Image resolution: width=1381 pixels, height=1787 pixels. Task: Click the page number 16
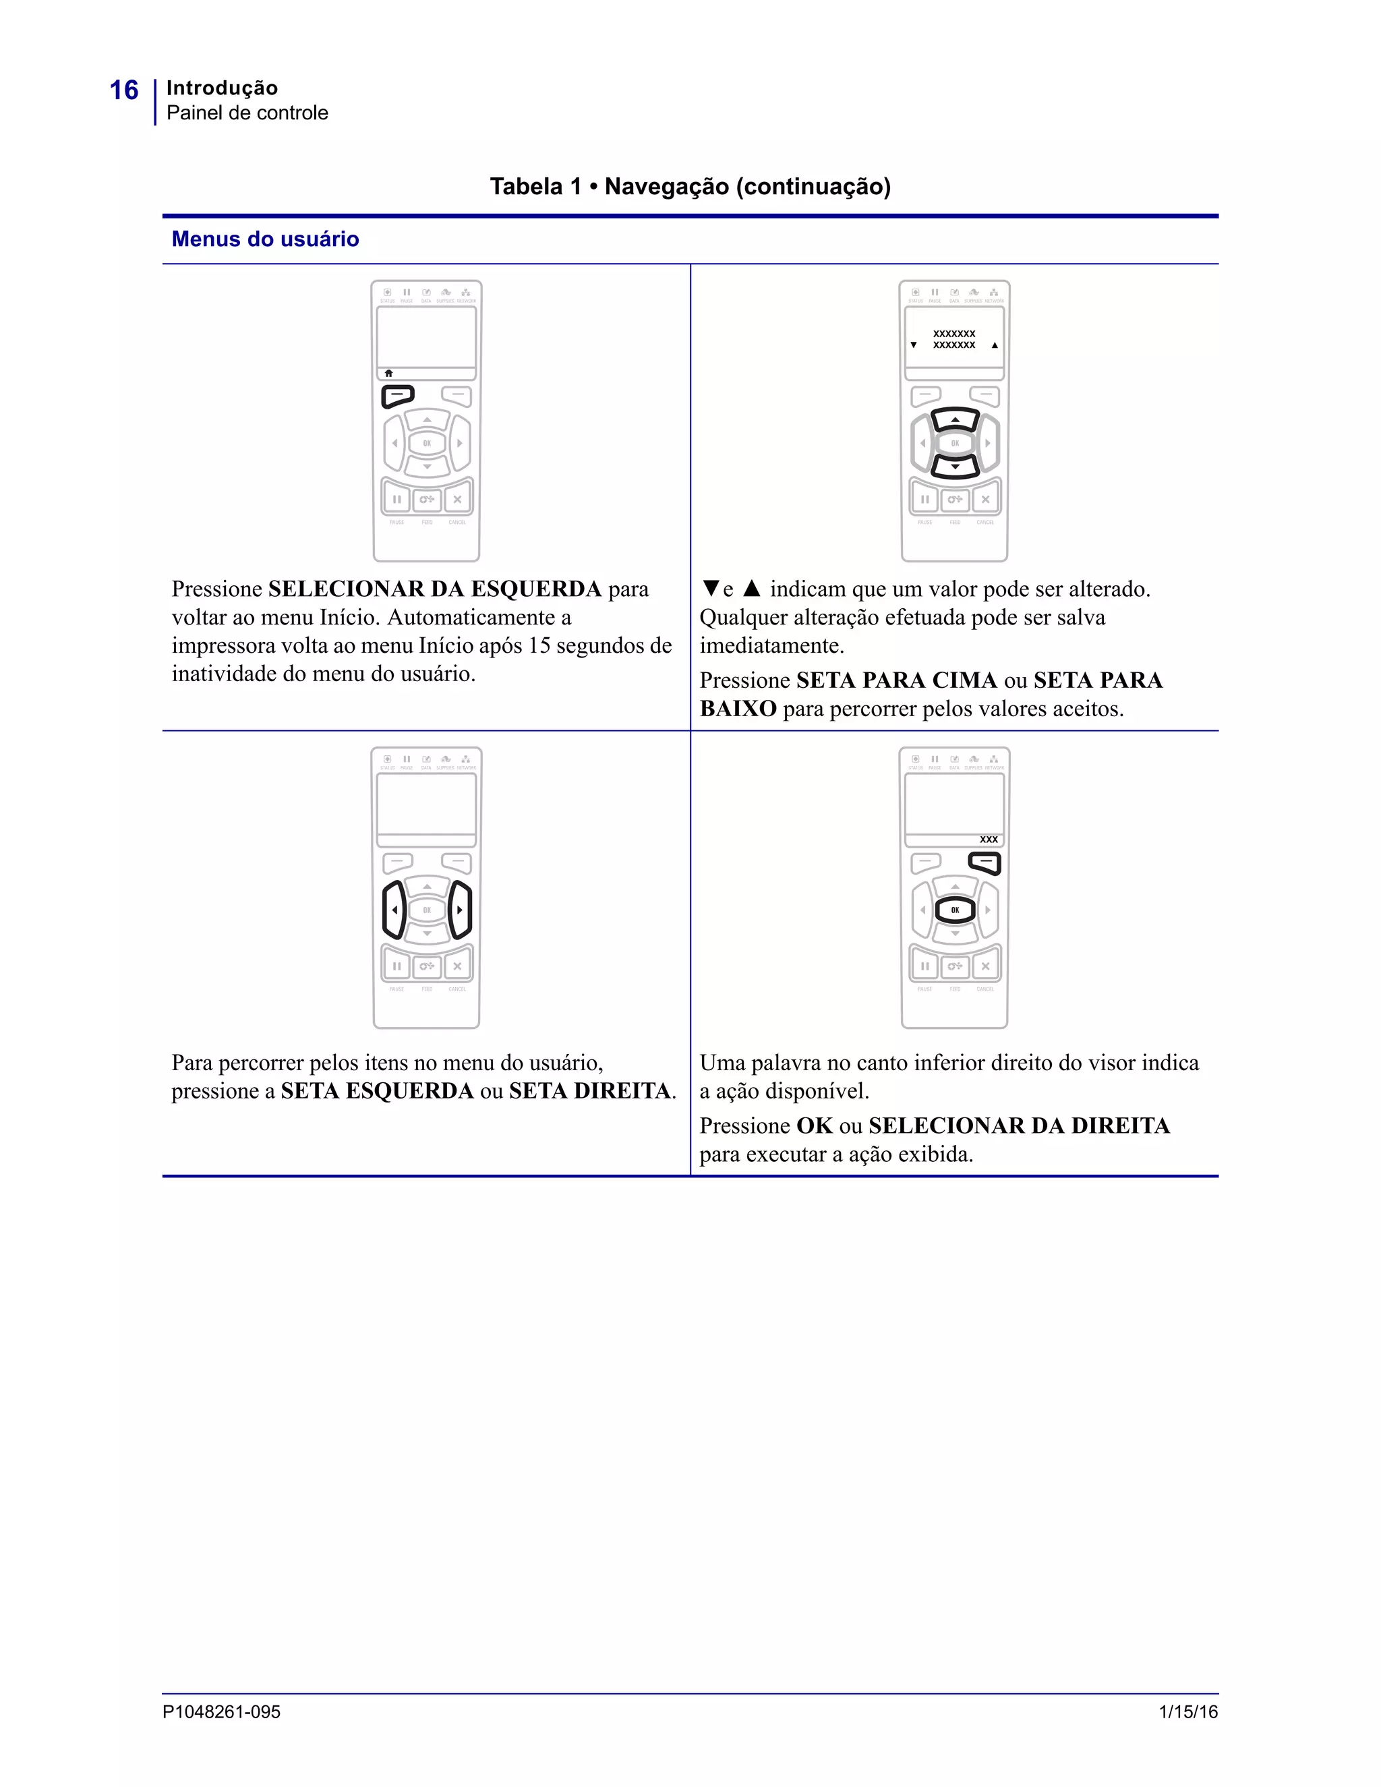(x=123, y=90)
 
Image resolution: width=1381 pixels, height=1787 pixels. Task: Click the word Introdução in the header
(x=222, y=88)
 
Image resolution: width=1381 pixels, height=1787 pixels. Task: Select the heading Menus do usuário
(x=265, y=239)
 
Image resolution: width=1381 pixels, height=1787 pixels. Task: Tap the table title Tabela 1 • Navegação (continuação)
(x=690, y=187)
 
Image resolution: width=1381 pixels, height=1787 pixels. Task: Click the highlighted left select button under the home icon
(x=398, y=396)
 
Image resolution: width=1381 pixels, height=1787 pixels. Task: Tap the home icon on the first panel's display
(x=388, y=373)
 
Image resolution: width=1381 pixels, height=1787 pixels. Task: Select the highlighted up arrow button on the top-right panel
(x=955, y=419)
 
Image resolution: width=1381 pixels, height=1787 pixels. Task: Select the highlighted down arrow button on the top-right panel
(x=955, y=467)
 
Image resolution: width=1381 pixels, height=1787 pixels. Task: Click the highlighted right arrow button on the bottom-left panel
(x=460, y=910)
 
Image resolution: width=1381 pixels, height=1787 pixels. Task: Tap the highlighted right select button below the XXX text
(x=985, y=862)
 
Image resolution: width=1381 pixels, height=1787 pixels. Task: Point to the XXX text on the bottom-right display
(x=989, y=840)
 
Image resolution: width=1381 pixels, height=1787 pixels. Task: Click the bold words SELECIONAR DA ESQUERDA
(x=434, y=589)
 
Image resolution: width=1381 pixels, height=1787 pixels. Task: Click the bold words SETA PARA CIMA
(x=896, y=681)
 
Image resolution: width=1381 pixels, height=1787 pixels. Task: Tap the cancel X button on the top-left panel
(x=457, y=499)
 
